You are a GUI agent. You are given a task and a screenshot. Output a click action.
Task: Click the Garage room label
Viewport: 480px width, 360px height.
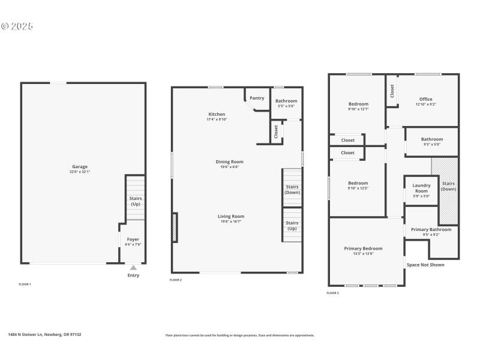(80, 166)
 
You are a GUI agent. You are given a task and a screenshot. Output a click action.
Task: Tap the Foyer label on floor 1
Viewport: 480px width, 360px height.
(133, 239)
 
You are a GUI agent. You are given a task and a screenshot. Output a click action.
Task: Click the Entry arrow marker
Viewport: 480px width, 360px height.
(133, 268)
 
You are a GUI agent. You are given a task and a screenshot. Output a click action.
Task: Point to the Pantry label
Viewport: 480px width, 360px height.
(257, 98)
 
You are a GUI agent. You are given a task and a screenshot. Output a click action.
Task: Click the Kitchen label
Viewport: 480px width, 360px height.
(217, 114)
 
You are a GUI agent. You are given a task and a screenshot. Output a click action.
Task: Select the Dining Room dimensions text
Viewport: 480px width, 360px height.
(229, 167)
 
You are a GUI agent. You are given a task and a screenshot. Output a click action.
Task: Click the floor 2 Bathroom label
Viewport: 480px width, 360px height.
(286, 101)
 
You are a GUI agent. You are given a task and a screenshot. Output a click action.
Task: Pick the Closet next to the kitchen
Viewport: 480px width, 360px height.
(276, 131)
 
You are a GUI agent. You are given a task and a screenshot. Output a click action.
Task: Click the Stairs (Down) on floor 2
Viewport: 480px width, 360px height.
(292, 190)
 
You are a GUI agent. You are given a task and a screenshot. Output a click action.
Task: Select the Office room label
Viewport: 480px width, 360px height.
(425, 99)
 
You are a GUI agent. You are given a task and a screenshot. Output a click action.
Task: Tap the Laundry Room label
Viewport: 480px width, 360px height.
(421, 188)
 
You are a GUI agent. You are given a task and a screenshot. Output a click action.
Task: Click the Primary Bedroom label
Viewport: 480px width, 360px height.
(363, 248)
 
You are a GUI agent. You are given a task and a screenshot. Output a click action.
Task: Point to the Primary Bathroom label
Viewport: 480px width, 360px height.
(431, 229)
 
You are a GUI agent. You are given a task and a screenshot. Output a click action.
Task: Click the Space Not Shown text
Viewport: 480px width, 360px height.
(425, 265)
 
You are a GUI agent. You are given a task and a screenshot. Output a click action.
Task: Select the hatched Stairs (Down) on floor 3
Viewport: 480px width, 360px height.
(448, 187)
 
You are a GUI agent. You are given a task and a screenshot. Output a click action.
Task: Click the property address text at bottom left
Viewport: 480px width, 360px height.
(44, 335)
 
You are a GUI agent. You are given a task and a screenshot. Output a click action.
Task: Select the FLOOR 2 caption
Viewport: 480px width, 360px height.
(176, 280)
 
